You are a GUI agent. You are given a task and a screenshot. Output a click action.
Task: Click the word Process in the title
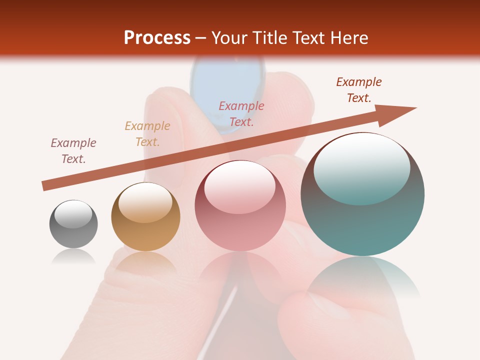(x=157, y=38)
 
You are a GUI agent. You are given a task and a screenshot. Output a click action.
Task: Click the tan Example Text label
(x=147, y=134)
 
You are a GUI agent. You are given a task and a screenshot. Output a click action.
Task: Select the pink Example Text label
(x=241, y=114)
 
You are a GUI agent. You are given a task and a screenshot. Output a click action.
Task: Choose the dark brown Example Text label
(x=359, y=90)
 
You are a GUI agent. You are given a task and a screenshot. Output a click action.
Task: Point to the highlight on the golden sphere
(x=145, y=202)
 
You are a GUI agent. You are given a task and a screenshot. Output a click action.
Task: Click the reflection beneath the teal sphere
(x=362, y=277)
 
